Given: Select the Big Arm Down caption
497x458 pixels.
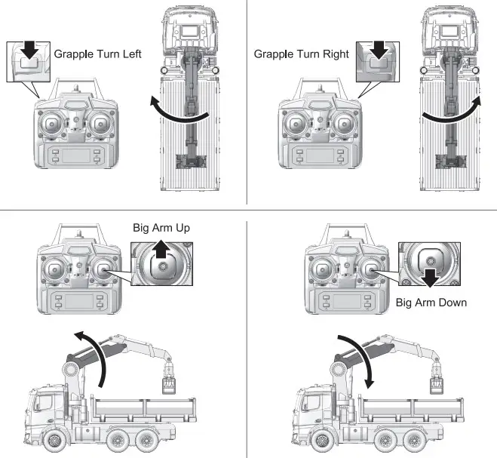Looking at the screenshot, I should tap(431, 303).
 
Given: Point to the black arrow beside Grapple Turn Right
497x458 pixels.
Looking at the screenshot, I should tap(379, 51).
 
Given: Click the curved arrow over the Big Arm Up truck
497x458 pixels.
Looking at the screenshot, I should tap(90, 354).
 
